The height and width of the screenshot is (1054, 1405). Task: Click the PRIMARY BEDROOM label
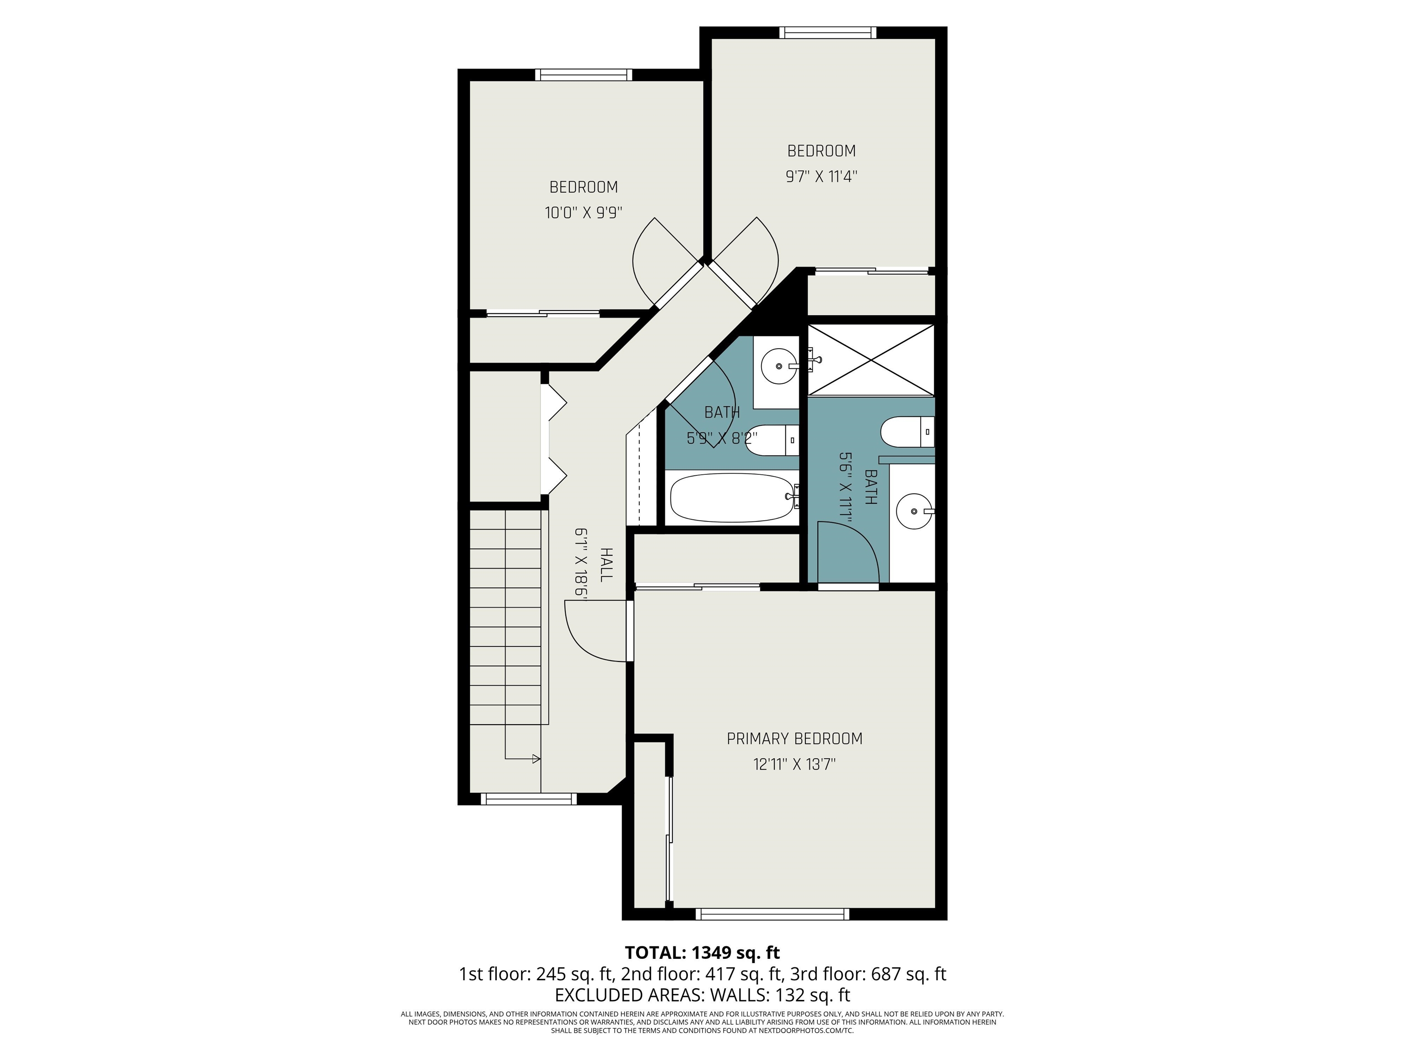point(794,739)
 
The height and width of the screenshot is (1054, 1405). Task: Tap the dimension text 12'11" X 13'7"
point(794,764)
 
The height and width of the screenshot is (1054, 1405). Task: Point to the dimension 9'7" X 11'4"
point(821,177)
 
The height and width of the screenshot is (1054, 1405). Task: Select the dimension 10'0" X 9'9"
point(583,213)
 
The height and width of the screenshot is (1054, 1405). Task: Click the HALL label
point(606,564)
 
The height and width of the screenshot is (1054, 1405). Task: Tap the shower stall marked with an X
point(871,360)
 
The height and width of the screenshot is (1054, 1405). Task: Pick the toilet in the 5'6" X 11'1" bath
point(906,432)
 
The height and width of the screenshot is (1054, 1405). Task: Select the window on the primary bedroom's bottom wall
point(772,914)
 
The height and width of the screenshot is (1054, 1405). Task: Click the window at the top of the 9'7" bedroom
point(828,33)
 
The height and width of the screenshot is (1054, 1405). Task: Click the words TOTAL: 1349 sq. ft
point(702,952)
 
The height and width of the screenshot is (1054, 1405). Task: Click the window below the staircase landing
point(528,799)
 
